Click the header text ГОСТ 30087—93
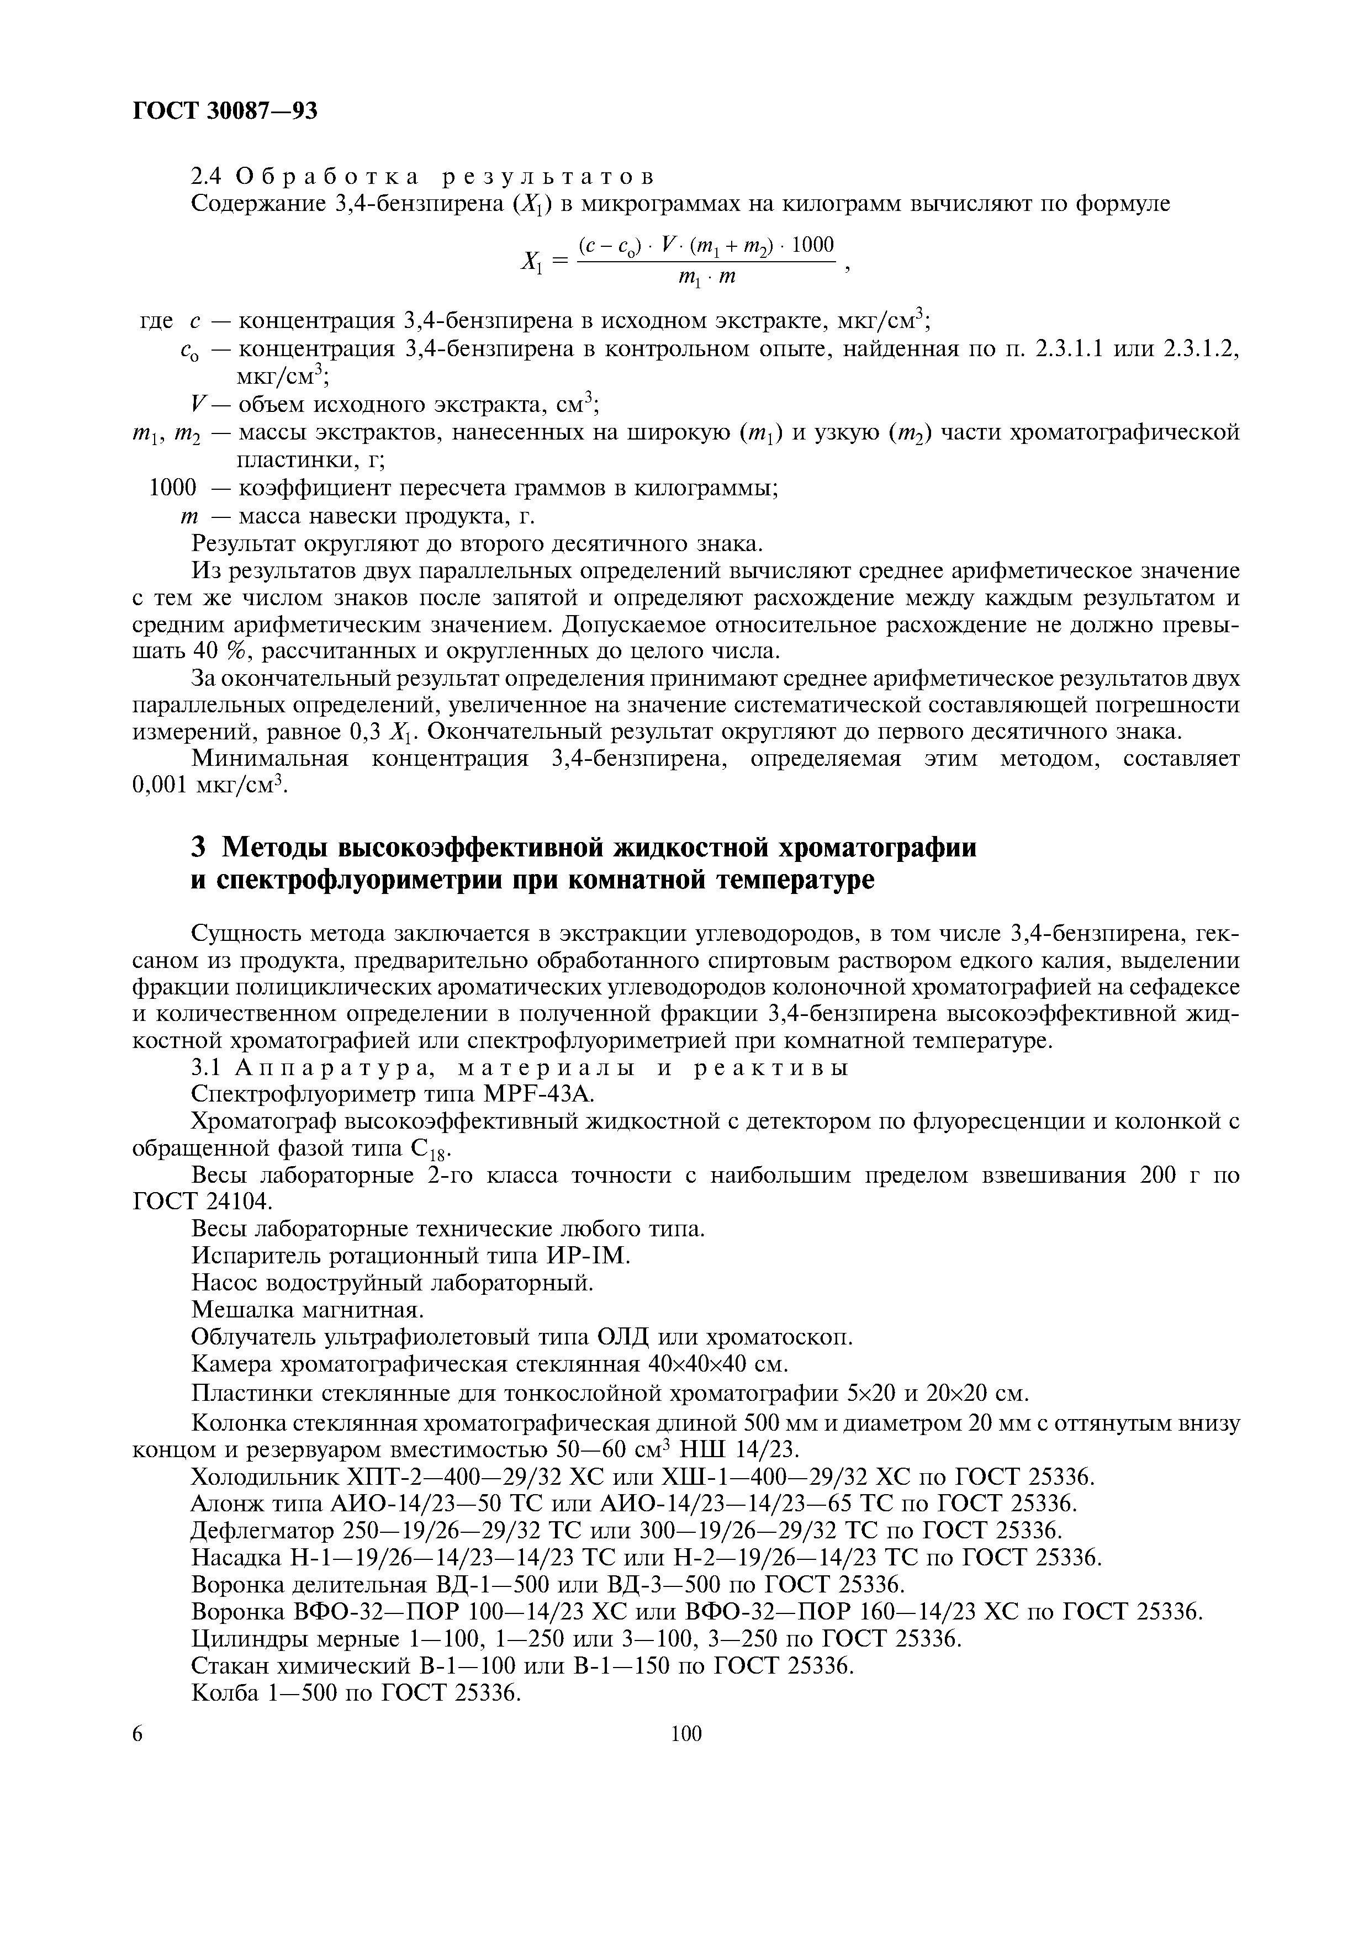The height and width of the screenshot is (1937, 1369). coord(225,110)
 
